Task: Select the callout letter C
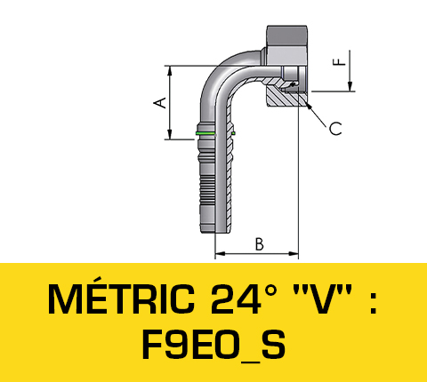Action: [335, 130]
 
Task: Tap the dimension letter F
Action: [338, 62]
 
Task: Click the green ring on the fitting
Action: [205, 134]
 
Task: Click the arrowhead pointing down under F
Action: [353, 85]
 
